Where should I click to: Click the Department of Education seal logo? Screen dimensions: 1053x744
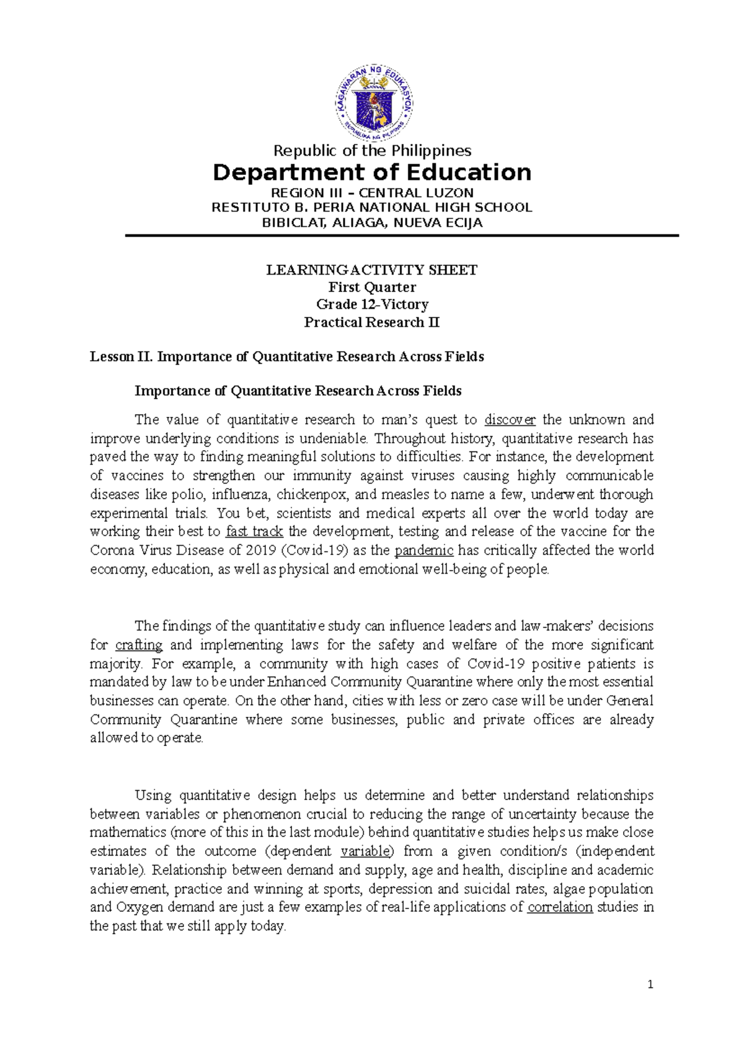(374, 103)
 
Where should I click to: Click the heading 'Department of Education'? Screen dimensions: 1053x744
(372, 172)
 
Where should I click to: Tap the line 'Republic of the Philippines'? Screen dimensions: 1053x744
(372, 151)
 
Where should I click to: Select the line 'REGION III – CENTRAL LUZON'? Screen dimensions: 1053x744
(372, 193)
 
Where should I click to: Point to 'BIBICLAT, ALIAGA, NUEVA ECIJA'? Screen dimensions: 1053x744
(372, 223)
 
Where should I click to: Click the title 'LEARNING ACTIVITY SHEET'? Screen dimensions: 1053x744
(372, 270)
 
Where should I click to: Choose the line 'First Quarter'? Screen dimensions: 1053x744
(372, 287)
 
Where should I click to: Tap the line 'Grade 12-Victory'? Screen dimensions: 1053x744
(372, 304)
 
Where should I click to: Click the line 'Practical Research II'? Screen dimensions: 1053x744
(372, 322)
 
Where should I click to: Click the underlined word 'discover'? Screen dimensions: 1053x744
(510, 420)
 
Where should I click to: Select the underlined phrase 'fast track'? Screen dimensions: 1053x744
(254, 531)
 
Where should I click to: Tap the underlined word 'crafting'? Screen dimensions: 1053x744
(139, 645)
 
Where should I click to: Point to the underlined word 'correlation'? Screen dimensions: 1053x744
(560, 907)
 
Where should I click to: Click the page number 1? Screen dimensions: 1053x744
(650, 984)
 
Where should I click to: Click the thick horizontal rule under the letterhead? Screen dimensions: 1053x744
(402, 236)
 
